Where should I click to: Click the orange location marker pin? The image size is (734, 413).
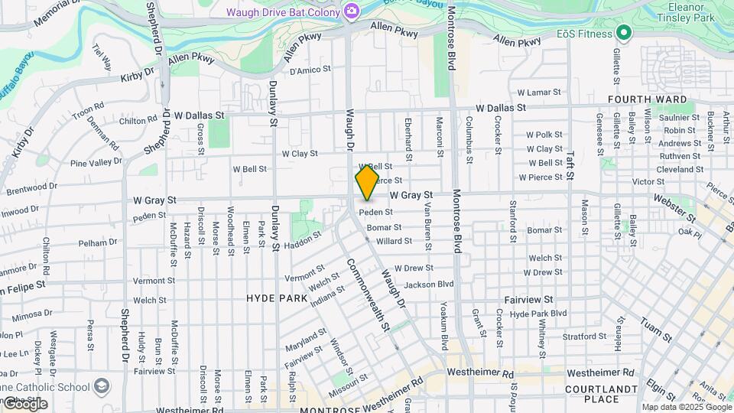coord(367,180)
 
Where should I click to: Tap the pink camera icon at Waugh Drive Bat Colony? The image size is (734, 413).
coord(351,10)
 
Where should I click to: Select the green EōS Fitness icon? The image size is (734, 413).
coord(623,33)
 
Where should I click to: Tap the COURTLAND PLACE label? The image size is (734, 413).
coord(612,394)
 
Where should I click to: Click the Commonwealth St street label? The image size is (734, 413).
coord(369,295)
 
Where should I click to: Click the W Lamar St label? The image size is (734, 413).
coord(539,93)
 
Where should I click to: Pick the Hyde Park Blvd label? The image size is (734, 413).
coord(538,314)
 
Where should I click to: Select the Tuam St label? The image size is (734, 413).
coord(655,328)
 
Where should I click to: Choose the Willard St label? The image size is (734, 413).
coord(395,241)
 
